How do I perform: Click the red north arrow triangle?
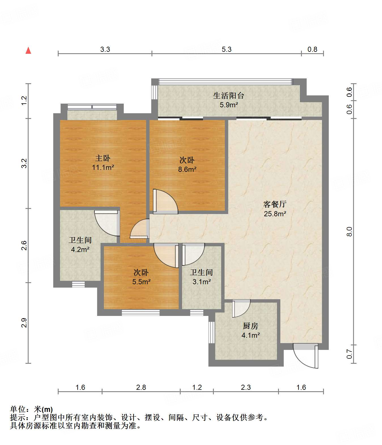[x=28, y=50]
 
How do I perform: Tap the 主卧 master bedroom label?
[x=103, y=158]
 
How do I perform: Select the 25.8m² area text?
[x=275, y=214]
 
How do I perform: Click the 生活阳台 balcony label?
[x=229, y=96]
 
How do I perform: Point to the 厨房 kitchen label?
[x=250, y=326]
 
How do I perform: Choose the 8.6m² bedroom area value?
[x=187, y=170]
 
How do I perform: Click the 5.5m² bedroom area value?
[x=141, y=282]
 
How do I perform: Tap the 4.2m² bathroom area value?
[x=80, y=249]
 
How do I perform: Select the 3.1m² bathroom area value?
[x=202, y=282]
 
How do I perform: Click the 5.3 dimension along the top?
[x=227, y=49]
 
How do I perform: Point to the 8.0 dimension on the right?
[x=349, y=232]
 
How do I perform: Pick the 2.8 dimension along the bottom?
[x=141, y=387]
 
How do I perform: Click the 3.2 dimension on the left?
[x=24, y=163]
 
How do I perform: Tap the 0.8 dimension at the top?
[x=312, y=49]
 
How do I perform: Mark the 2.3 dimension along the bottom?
[x=246, y=387]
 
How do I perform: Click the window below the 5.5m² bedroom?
[x=141, y=313]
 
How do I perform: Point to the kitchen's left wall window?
[x=212, y=332]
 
